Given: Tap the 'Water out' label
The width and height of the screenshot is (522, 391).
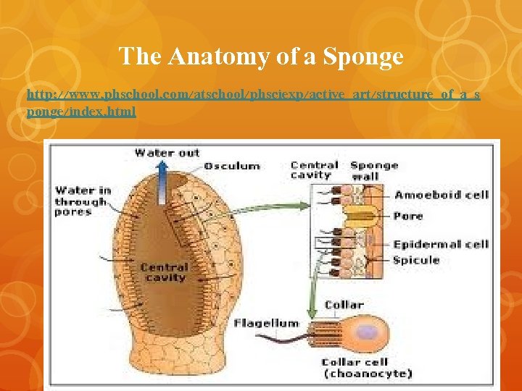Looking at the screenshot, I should point(167,152).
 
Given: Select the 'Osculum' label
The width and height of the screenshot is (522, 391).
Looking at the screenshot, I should point(232,166).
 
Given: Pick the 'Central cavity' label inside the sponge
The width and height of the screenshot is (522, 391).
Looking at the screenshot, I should point(165,272).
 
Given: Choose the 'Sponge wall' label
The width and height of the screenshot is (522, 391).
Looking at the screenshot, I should point(374,170).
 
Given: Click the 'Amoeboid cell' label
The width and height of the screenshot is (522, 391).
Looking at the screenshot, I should point(442,195).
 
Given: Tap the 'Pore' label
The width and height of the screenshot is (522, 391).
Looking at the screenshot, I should point(407,216).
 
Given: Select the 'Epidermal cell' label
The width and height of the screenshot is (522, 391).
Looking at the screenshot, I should point(441,244).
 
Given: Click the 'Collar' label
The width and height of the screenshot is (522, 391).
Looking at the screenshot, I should point(344,306).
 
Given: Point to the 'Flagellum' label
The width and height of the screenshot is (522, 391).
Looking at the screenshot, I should point(265,323).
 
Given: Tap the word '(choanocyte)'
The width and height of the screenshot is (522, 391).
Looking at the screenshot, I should point(367,374).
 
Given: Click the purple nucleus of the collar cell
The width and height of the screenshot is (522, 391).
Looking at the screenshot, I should point(370,333).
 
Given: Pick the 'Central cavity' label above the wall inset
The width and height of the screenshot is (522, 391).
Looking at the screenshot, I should point(314,170).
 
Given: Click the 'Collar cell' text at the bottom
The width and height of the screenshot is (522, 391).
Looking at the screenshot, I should point(355,362).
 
